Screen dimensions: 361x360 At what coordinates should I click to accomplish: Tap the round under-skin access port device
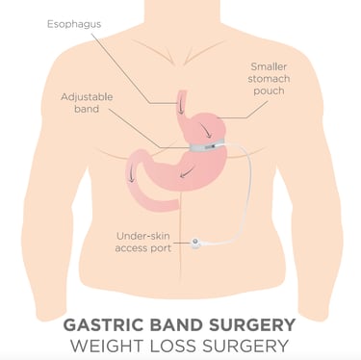click(x=198, y=244)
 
